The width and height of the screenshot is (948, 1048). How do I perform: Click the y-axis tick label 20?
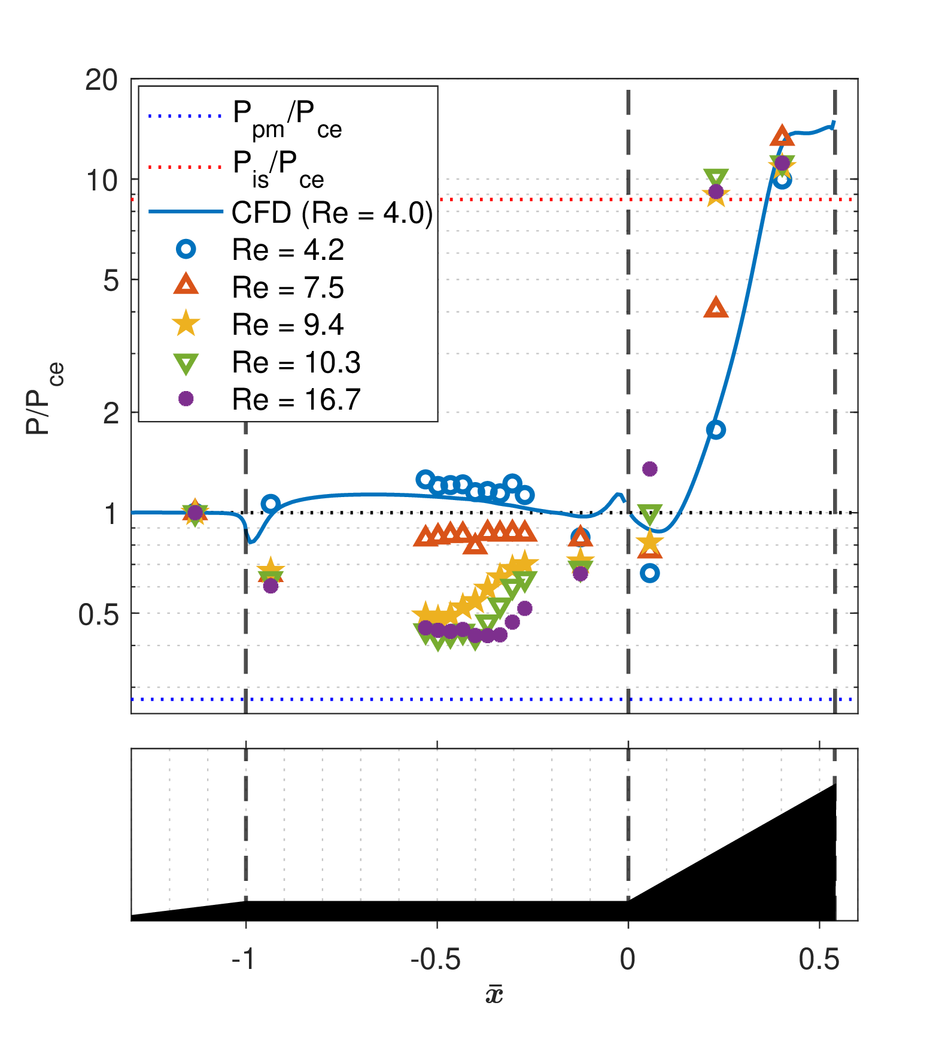[102, 80]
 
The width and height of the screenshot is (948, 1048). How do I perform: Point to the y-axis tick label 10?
[102, 180]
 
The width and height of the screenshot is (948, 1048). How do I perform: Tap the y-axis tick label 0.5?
[99, 614]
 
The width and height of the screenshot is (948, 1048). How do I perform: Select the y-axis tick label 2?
[111, 413]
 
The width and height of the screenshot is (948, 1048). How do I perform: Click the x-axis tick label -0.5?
[436, 959]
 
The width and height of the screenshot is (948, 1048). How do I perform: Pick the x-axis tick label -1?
[244, 959]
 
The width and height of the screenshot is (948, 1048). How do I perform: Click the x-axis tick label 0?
[628, 959]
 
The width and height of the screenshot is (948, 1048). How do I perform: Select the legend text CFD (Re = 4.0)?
[332, 213]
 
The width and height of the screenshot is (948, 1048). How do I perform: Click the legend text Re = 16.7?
[296, 399]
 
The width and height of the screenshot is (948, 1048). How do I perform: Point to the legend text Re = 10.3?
[296, 362]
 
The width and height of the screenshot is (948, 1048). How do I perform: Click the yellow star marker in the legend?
[186, 323]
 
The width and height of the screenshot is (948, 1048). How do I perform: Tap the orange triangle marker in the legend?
[186, 284]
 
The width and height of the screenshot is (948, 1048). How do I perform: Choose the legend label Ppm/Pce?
[287, 119]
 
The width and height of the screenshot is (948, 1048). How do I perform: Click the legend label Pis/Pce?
[279, 169]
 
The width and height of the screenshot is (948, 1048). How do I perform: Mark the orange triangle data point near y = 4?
[716, 308]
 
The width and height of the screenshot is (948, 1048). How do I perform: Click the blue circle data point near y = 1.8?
[716, 429]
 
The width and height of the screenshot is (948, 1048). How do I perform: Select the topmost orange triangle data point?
[782, 137]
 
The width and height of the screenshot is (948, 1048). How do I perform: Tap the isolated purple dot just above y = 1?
[650, 468]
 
